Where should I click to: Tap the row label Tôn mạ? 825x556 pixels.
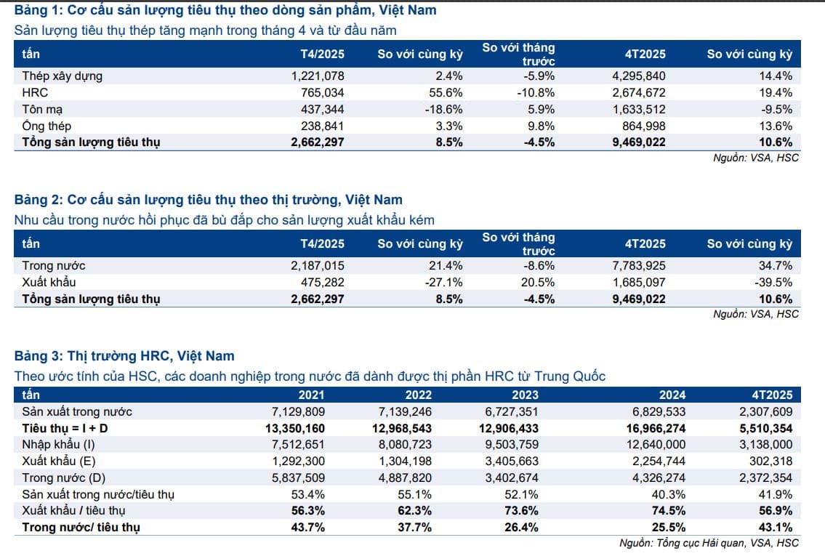(x=42, y=109)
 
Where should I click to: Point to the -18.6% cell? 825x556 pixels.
(x=443, y=109)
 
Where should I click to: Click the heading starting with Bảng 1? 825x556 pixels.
(x=225, y=11)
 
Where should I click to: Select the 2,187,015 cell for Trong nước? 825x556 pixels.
(x=317, y=265)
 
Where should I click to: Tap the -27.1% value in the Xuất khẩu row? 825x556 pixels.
(x=443, y=282)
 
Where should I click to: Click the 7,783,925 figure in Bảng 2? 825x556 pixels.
(x=639, y=265)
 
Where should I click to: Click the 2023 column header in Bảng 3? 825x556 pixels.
(x=526, y=395)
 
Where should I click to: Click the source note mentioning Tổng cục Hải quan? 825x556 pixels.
(x=709, y=543)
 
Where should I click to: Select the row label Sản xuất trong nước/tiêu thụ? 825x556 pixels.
(x=98, y=494)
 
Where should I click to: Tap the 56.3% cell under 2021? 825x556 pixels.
(x=310, y=511)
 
